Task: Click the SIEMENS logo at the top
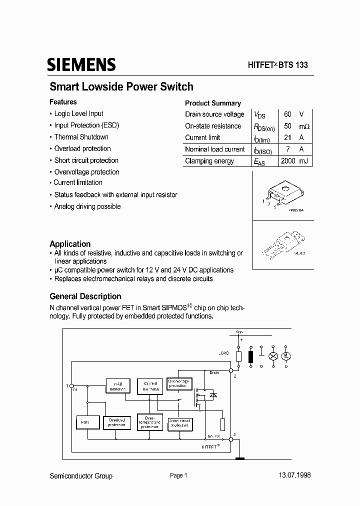[x=81, y=65]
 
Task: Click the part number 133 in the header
[x=300, y=65]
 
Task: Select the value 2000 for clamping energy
[x=288, y=161]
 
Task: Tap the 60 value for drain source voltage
[x=287, y=114]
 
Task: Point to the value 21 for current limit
[x=287, y=137]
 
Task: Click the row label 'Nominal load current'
[x=215, y=149]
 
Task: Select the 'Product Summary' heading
[x=213, y=103]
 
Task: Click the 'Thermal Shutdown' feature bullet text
[x=81, y=137]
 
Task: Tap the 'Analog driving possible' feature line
[x=87, y=206]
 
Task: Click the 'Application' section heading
[x=70, y=244]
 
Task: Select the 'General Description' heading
[x=85, y=296]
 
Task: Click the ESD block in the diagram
[x=84, y=422]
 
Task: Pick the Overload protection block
[x=116, y=422]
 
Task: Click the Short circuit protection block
[x=179, y=422]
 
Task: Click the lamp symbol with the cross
[x=273, y=356]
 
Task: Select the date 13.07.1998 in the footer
[x=293, y=475]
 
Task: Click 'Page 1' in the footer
[x=178, y=475]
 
